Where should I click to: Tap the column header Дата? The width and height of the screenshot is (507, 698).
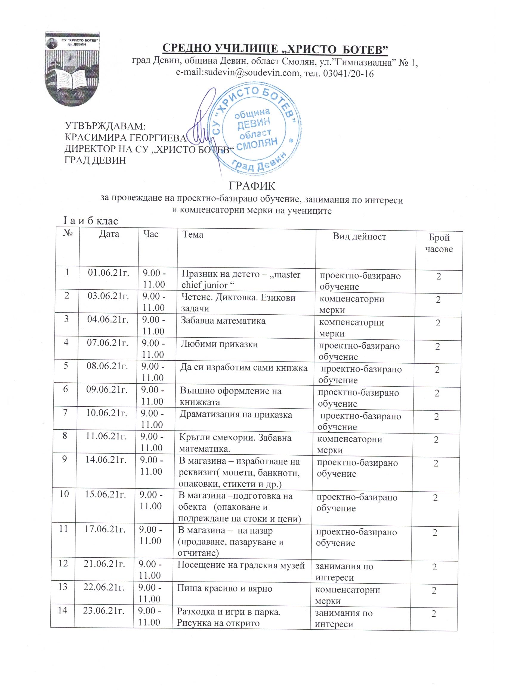109,234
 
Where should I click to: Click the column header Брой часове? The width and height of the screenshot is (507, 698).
439,243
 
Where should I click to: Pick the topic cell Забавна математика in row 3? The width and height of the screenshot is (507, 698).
223,321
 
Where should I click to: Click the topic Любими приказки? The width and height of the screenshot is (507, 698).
219,345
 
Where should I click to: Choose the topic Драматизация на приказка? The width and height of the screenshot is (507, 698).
236,415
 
